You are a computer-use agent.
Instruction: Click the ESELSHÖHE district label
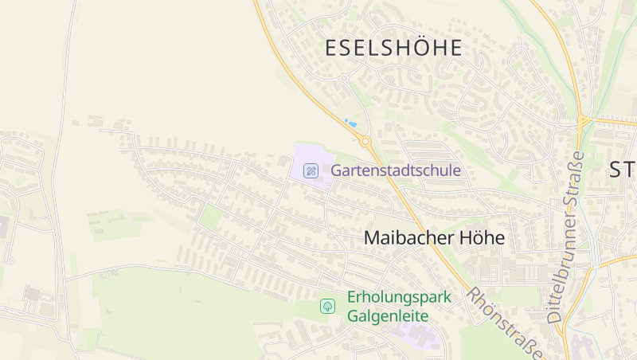pos(393,48)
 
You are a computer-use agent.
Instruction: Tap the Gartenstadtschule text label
pos(385,170)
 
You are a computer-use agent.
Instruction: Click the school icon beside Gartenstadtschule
pos(311,170)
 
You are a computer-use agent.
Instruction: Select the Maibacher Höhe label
pos(434,237)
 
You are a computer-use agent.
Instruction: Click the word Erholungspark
pos(399,298)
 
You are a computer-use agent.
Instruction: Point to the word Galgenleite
pos(388,316)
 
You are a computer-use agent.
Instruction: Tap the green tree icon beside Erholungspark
pos(327,306)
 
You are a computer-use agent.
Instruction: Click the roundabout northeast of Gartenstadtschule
pos(365,142)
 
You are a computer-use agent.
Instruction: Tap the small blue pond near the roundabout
pos(350,123)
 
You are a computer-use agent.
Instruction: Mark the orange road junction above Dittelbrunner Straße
pos(584,121)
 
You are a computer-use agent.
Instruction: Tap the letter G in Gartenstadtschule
pos(336,170)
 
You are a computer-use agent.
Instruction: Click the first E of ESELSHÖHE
pos(331,48)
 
